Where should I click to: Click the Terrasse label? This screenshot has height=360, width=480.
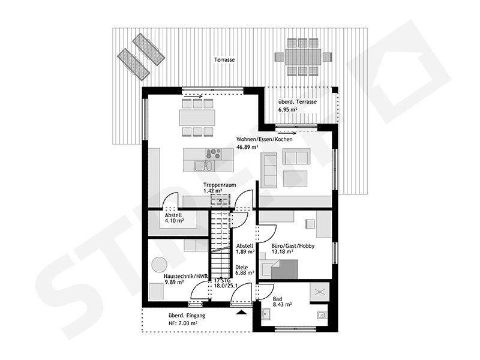(224, 59)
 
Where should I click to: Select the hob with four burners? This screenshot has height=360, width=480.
(214, 154)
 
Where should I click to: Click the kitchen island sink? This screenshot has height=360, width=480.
(203, 166)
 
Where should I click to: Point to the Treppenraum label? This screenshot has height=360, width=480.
(220, 185)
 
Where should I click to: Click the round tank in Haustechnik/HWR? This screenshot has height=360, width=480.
(159, 264)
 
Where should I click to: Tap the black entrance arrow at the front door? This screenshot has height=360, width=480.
(242, 312)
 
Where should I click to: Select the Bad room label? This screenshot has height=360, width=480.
(277, 299)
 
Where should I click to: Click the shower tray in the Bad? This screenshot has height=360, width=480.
(320, 292)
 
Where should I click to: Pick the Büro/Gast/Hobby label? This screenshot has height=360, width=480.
(293, 246)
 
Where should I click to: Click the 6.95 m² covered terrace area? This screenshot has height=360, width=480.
(289, 109)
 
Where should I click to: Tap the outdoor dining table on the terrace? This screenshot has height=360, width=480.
(303, 56)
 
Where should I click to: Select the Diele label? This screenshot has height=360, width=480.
(242, 267)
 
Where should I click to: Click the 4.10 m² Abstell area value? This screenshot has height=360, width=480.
(174, 220)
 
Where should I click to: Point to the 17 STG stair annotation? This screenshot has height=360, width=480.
(222, 280)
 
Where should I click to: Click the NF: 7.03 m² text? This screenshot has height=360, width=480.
(183, 323)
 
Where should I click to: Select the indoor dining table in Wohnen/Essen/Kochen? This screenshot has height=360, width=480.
(197, 118)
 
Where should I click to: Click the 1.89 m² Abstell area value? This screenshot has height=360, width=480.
(245, 251)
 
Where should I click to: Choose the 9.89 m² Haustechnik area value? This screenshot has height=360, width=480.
(174, 282)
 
